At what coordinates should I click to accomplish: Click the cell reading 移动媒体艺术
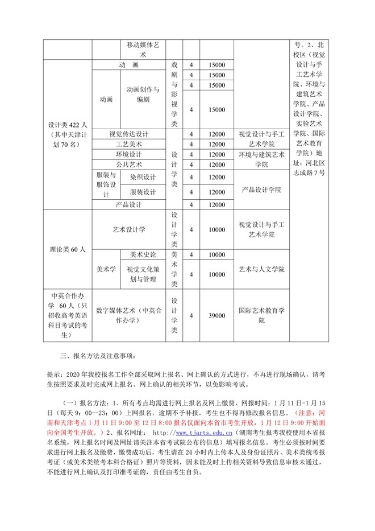click(x=143, y=50)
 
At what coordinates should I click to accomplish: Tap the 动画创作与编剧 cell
click(x=143, y=94)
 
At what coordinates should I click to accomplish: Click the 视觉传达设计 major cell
click(x=128, y=134)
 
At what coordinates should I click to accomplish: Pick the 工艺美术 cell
click(x=128, y=145)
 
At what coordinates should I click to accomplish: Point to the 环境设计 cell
click(x=128, y=155)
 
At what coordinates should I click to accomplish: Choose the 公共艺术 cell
click(x=128, y=165)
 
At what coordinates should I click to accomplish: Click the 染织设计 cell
click(x=143, y=178)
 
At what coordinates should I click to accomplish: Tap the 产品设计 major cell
click(x=128, y=205)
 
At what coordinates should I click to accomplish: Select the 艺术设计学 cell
click(x=128, y=229)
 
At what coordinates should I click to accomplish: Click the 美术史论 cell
click(x=143, y=254)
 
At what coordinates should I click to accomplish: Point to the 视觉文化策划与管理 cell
click(x=143, y=274)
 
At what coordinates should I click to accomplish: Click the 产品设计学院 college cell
click(x=261, y=190)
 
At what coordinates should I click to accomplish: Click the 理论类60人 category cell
click(x=67, y=249)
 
